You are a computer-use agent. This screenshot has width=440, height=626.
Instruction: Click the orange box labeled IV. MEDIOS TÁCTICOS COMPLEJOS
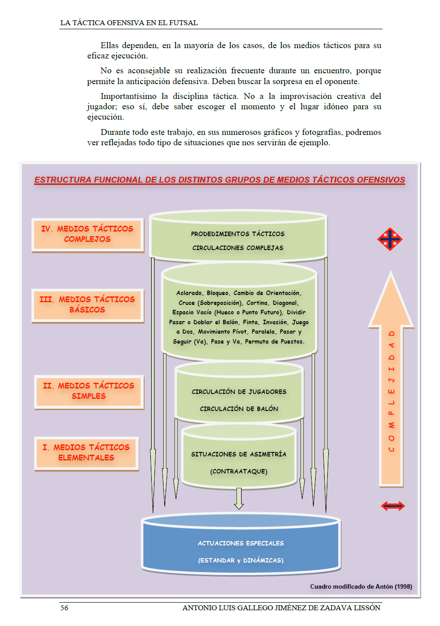[88, 234]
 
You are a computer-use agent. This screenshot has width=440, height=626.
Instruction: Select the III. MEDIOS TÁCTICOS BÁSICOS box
[88, 305]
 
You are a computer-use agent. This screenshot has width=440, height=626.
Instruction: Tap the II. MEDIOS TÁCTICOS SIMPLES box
[88, 391]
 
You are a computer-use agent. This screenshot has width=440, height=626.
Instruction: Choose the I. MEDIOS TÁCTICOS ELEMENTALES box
[86, 453]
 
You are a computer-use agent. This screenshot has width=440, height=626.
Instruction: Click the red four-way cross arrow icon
[390, 239]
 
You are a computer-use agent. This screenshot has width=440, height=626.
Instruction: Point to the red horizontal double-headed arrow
[393, 506]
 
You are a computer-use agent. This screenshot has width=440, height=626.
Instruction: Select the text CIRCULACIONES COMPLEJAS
[238, 248]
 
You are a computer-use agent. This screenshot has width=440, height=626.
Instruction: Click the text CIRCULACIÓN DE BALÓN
[239, 409]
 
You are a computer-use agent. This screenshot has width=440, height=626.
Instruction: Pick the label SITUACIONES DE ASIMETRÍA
[238, 454]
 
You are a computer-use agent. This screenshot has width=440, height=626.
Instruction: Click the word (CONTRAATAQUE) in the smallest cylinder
[238, 471]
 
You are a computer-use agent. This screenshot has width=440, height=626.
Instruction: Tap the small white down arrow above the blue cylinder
[239, 498]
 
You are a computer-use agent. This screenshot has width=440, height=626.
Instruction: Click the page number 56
[64, 608]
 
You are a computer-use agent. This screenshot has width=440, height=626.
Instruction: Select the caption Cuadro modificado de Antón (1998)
[361, 586]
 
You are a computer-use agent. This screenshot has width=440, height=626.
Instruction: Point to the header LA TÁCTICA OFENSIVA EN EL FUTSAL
[129, 23]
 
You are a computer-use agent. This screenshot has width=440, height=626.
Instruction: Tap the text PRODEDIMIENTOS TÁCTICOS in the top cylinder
[238, 234]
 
